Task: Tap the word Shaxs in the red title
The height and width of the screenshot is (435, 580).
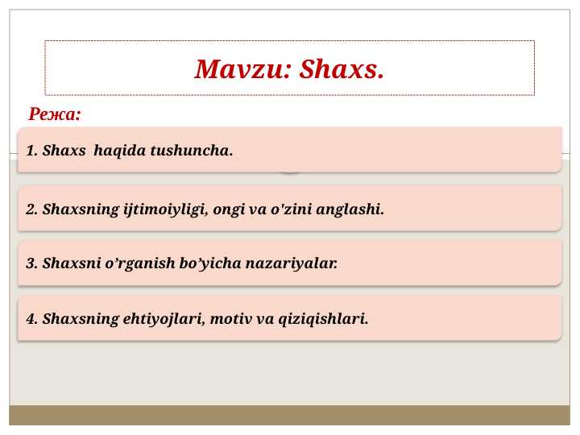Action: pyautogui.click(x=342, y=69)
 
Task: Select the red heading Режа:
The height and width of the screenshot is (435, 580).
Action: pyautogui.click(x=55, y=114)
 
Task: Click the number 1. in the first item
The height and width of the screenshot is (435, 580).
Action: pyautogui.click(x=31, y=151)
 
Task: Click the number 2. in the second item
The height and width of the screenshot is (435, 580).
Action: pyautogui.click(x=31, y=209)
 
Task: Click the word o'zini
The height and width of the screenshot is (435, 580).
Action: pyautogui.click(x=292, y=209)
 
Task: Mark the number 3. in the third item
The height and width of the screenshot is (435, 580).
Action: pyautogui.click(x=31, y=263)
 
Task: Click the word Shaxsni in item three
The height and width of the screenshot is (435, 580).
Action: pyautogui.click(x=72, y=263)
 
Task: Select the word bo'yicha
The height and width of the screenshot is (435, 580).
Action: pyautogui.click(x=210, y=263)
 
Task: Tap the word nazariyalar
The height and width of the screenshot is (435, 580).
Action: pyautogui.click(x=292, y=263)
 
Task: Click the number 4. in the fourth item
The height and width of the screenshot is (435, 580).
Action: pyautogui.click(x=31, y=319)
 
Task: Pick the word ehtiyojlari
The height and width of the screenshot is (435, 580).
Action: pyautogui.click(x=164, y=319)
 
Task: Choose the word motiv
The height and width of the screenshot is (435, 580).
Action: pyautogui.click(x=231, y=319)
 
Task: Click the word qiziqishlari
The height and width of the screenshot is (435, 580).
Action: pyautogui.click(x=323, y=319)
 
